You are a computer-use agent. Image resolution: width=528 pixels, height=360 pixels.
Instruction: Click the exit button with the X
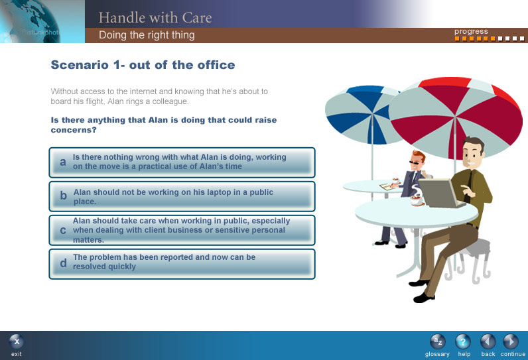[17, 342]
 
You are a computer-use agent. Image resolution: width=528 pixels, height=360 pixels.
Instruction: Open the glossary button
[437, 342]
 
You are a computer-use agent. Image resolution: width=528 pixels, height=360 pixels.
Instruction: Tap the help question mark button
[463, 342]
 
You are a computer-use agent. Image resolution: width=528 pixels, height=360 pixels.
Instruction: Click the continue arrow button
[511, 342]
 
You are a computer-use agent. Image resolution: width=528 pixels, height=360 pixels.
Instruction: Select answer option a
[182, 162]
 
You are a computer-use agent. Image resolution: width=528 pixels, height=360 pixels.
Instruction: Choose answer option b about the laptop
[182, 196]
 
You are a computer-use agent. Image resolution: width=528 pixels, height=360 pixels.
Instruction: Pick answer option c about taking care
[182, 230]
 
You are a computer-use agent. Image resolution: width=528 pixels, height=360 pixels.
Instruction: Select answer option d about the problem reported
[182, 264]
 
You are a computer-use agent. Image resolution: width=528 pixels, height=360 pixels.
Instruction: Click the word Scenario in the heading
[80, 64]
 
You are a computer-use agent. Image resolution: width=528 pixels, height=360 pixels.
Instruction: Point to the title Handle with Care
[155, 17]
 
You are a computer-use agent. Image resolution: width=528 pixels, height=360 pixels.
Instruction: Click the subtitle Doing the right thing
[147, 35]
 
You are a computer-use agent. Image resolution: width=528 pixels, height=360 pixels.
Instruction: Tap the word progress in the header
[471, 32]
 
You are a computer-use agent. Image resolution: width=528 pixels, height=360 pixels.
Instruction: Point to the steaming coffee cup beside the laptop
[417, 196]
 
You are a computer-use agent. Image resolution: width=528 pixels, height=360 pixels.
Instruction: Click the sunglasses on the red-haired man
[415, 163]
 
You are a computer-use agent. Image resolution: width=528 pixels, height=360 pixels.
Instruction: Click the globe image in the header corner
[31, 21]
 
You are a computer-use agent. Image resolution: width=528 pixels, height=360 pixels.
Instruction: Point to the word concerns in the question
[74, 130]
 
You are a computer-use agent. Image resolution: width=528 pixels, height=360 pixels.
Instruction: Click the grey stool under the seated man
[472, 259]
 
